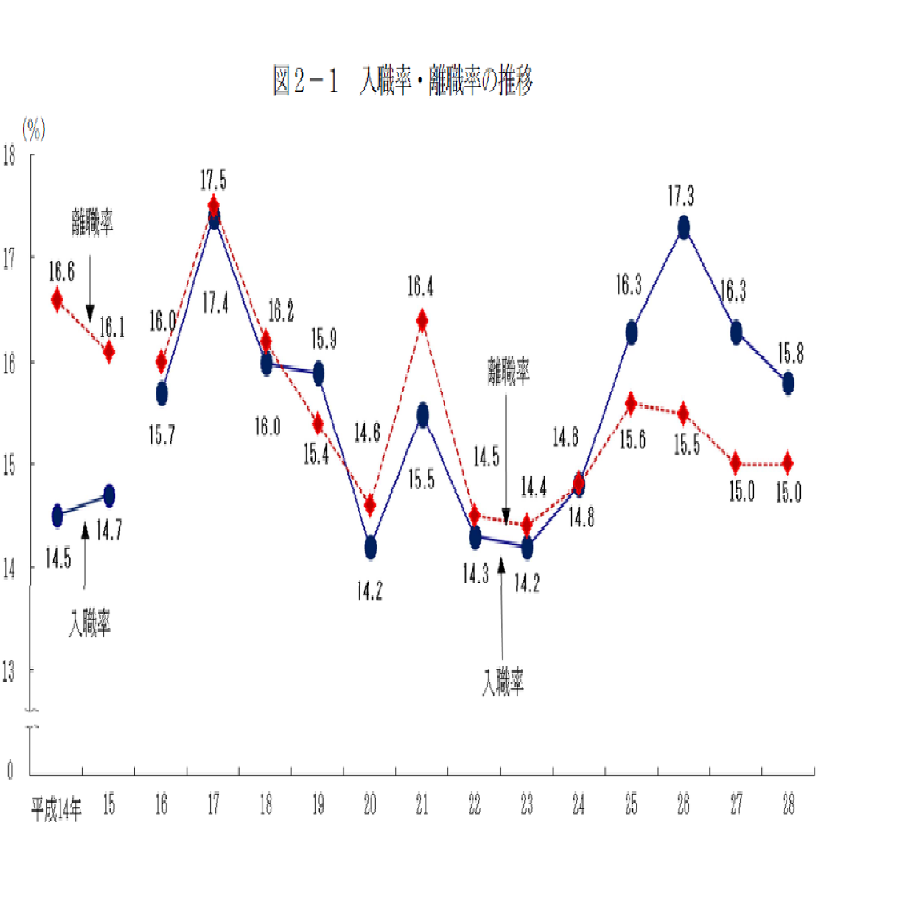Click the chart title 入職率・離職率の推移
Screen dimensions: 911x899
(403, 81)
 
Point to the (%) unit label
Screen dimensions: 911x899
(33, 130)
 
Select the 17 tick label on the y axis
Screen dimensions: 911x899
(9, 258)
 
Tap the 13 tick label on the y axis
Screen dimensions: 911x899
(8, 672)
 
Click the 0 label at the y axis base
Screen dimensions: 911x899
(10, 770)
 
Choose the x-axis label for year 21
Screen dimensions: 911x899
(422, 805)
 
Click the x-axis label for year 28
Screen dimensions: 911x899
(788, 805)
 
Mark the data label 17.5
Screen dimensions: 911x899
(213, 180)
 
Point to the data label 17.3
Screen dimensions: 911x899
(681, 196)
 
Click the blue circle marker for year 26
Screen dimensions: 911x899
(684, 227)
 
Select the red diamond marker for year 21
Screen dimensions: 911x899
(422, 320)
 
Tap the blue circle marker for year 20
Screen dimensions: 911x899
(370, 547)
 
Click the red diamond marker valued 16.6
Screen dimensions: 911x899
(57, 300)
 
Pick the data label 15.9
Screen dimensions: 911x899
(324, 339)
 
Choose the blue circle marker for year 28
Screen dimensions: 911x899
(788, 383)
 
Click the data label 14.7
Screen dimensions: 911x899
(109, 530)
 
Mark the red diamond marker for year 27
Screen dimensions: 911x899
(736, 463)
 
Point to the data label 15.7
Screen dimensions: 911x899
(162, 435)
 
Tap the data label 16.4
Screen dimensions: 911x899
(421, 287)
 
